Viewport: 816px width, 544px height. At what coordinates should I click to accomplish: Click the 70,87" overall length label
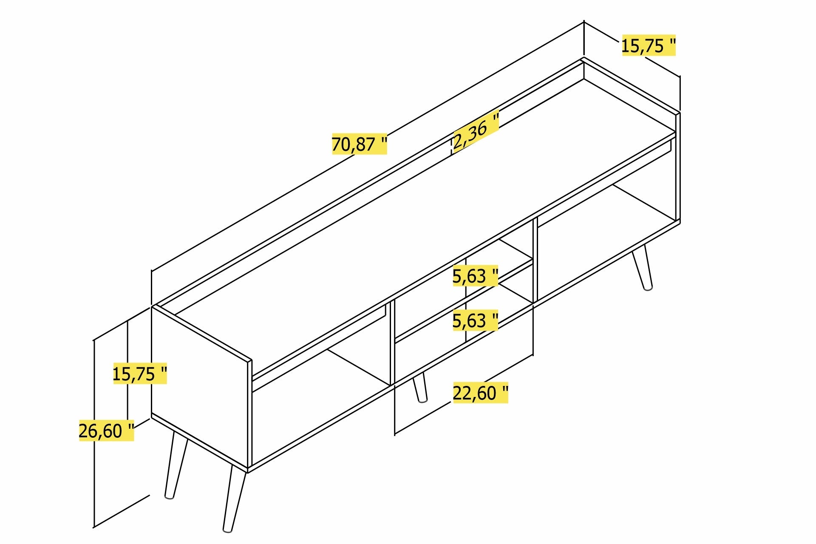(359, 144)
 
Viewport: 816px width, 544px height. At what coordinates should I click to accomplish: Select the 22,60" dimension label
(480, 393)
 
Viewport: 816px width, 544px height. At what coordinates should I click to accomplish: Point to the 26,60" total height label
(106, 431)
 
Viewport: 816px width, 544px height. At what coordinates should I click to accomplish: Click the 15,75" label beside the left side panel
(140, 374)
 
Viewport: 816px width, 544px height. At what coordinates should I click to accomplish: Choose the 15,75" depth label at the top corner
(648, 45)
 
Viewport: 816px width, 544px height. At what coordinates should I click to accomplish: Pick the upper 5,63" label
(475, 276)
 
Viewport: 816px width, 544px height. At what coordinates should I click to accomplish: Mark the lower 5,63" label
(475, 320)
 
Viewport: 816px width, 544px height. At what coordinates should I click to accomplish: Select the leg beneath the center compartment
(420, 387)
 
